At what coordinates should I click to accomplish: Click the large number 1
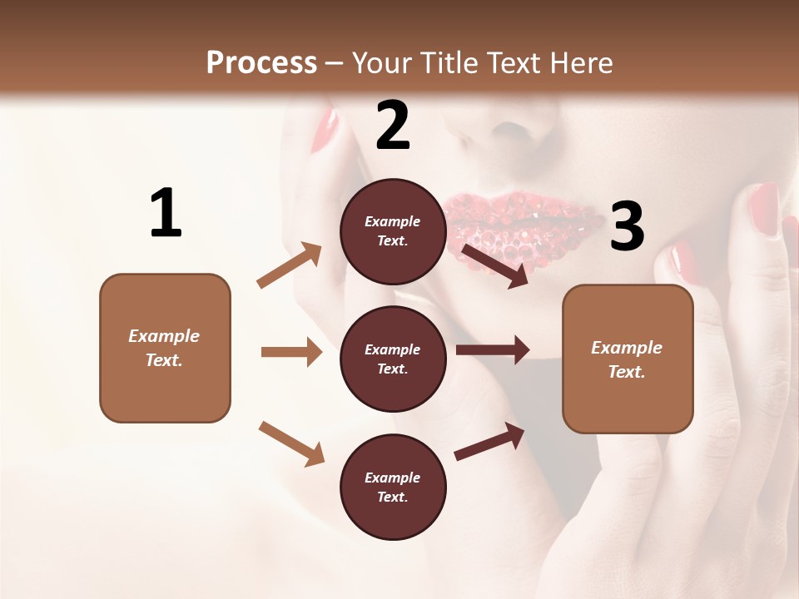tap(166, 213)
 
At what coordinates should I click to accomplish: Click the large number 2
tap(393, 126)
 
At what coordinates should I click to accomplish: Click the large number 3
tap(627, 227)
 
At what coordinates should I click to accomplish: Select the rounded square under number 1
tap(165, 348)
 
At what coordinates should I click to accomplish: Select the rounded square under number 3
tap(628, 359)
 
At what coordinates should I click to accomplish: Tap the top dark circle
tap(393, 231)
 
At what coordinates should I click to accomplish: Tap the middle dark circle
tap(393, 359)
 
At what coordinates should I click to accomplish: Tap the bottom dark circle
tap(393, 487)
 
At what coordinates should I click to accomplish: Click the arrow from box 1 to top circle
tap(290, 265)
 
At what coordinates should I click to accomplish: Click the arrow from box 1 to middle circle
tap(291, 352)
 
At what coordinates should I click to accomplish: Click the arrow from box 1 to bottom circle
tap(291, 443)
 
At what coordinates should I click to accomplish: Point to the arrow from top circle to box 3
tap(495, 265)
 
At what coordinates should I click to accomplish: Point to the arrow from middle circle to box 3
tap(493, 349)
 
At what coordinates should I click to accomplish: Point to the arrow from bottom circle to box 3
tap(489, 441)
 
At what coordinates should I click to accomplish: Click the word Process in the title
tap(261, 62)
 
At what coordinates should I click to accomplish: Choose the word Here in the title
tap(578, 62)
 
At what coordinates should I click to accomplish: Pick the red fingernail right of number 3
tap(763, 208)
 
